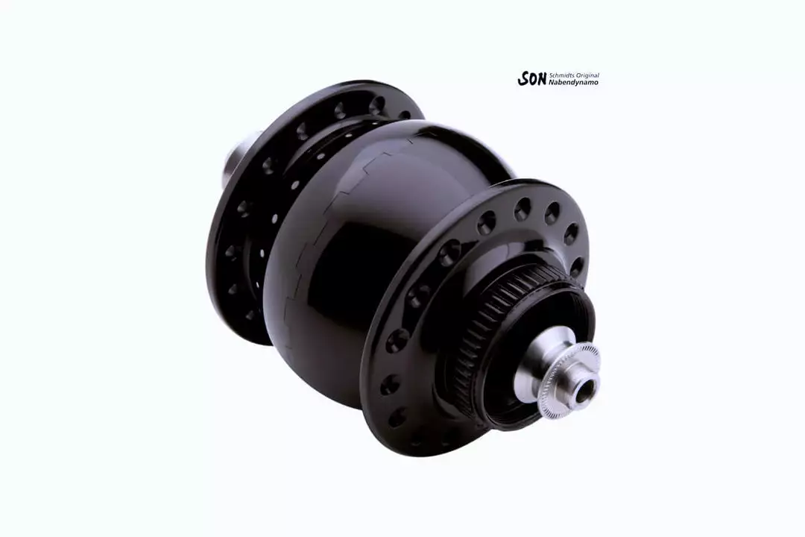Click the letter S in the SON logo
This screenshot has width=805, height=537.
click(523, 78)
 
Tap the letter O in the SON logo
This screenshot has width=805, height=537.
click(532, 79)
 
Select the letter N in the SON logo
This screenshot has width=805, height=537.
click(542, 78)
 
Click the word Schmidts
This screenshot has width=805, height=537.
click(561, 75)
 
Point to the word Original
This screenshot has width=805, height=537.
click(587, 75)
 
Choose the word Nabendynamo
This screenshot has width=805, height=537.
click(573, 82)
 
